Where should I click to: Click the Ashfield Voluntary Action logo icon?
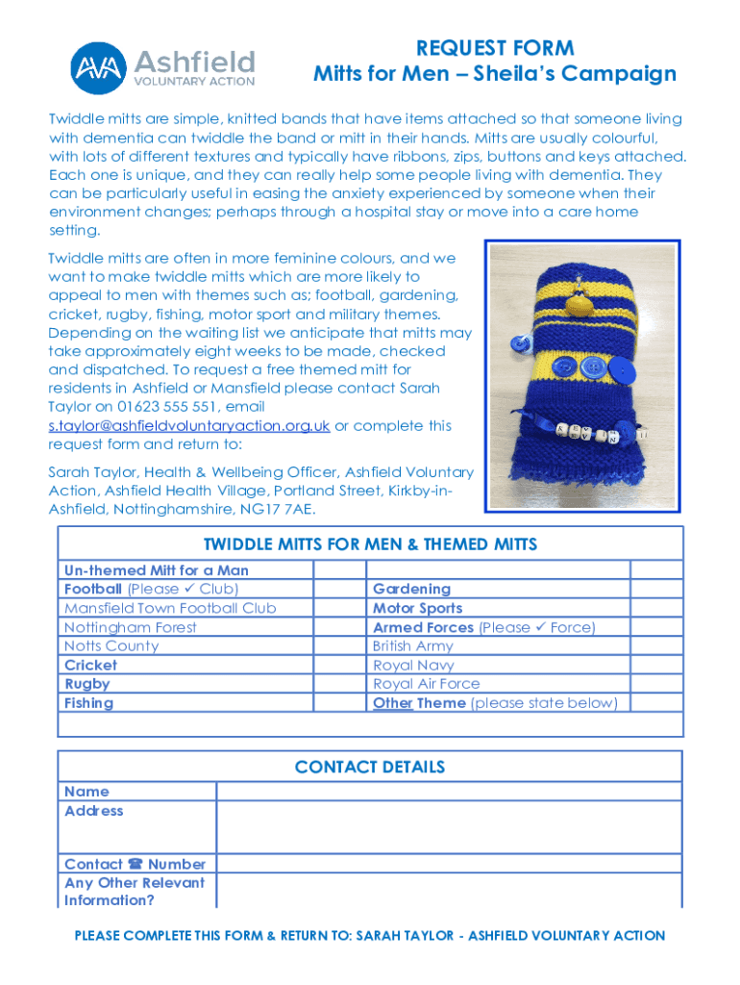(98, 66)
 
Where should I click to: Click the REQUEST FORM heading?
(495, 48)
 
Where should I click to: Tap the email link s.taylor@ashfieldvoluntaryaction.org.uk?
(189, 426)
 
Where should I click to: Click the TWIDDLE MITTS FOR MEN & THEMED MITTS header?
(370, 544)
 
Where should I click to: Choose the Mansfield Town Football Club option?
(170, 608)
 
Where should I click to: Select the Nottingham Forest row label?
(131, 627)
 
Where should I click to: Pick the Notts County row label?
(111, 646)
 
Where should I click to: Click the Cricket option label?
(90, 666)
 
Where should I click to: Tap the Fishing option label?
(88, 703)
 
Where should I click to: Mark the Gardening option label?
(411, 589)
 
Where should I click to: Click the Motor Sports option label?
(417, 608)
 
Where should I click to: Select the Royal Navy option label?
(413, 666)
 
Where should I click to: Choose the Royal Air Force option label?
(426, 684)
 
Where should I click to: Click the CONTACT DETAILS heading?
(370, 768)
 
